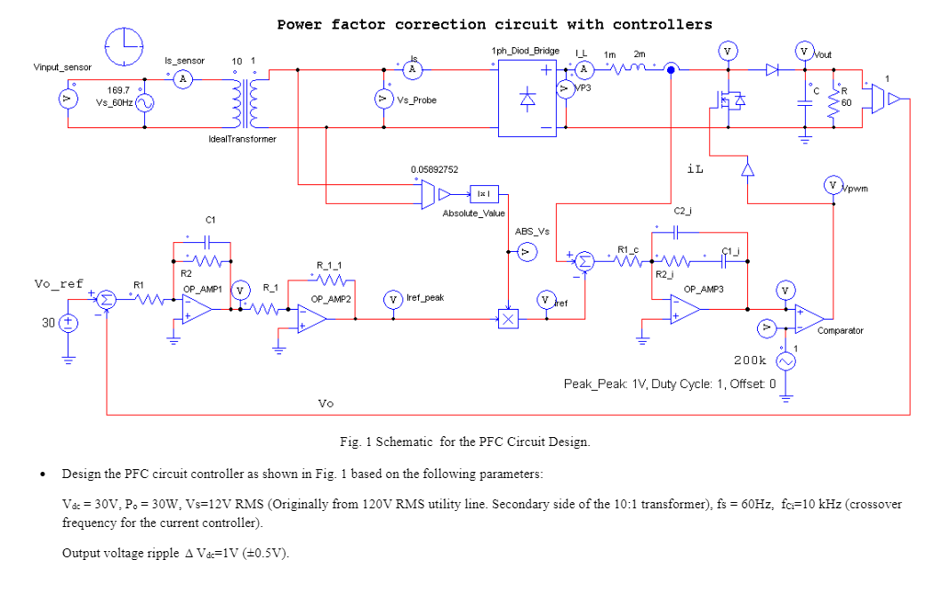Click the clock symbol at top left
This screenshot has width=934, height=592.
123,46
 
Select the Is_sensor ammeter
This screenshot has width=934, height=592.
183,79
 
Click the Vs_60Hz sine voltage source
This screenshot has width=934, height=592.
144,103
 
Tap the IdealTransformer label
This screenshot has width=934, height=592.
242,139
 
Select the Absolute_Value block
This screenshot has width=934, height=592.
485,193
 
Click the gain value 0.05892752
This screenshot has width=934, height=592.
434,169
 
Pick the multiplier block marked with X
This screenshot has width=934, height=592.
507,320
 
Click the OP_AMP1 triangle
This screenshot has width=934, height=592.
197,309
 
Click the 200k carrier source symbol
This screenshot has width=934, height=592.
785,361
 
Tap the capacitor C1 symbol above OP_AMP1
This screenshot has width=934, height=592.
209,239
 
